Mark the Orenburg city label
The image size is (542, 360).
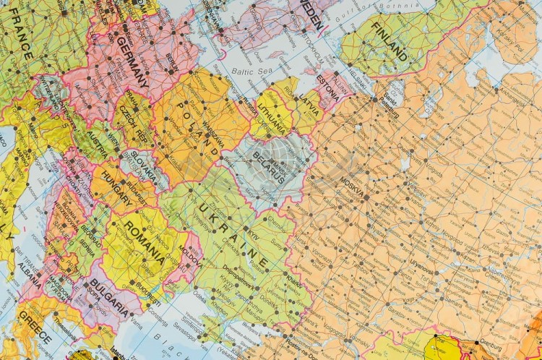(509, 343)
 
